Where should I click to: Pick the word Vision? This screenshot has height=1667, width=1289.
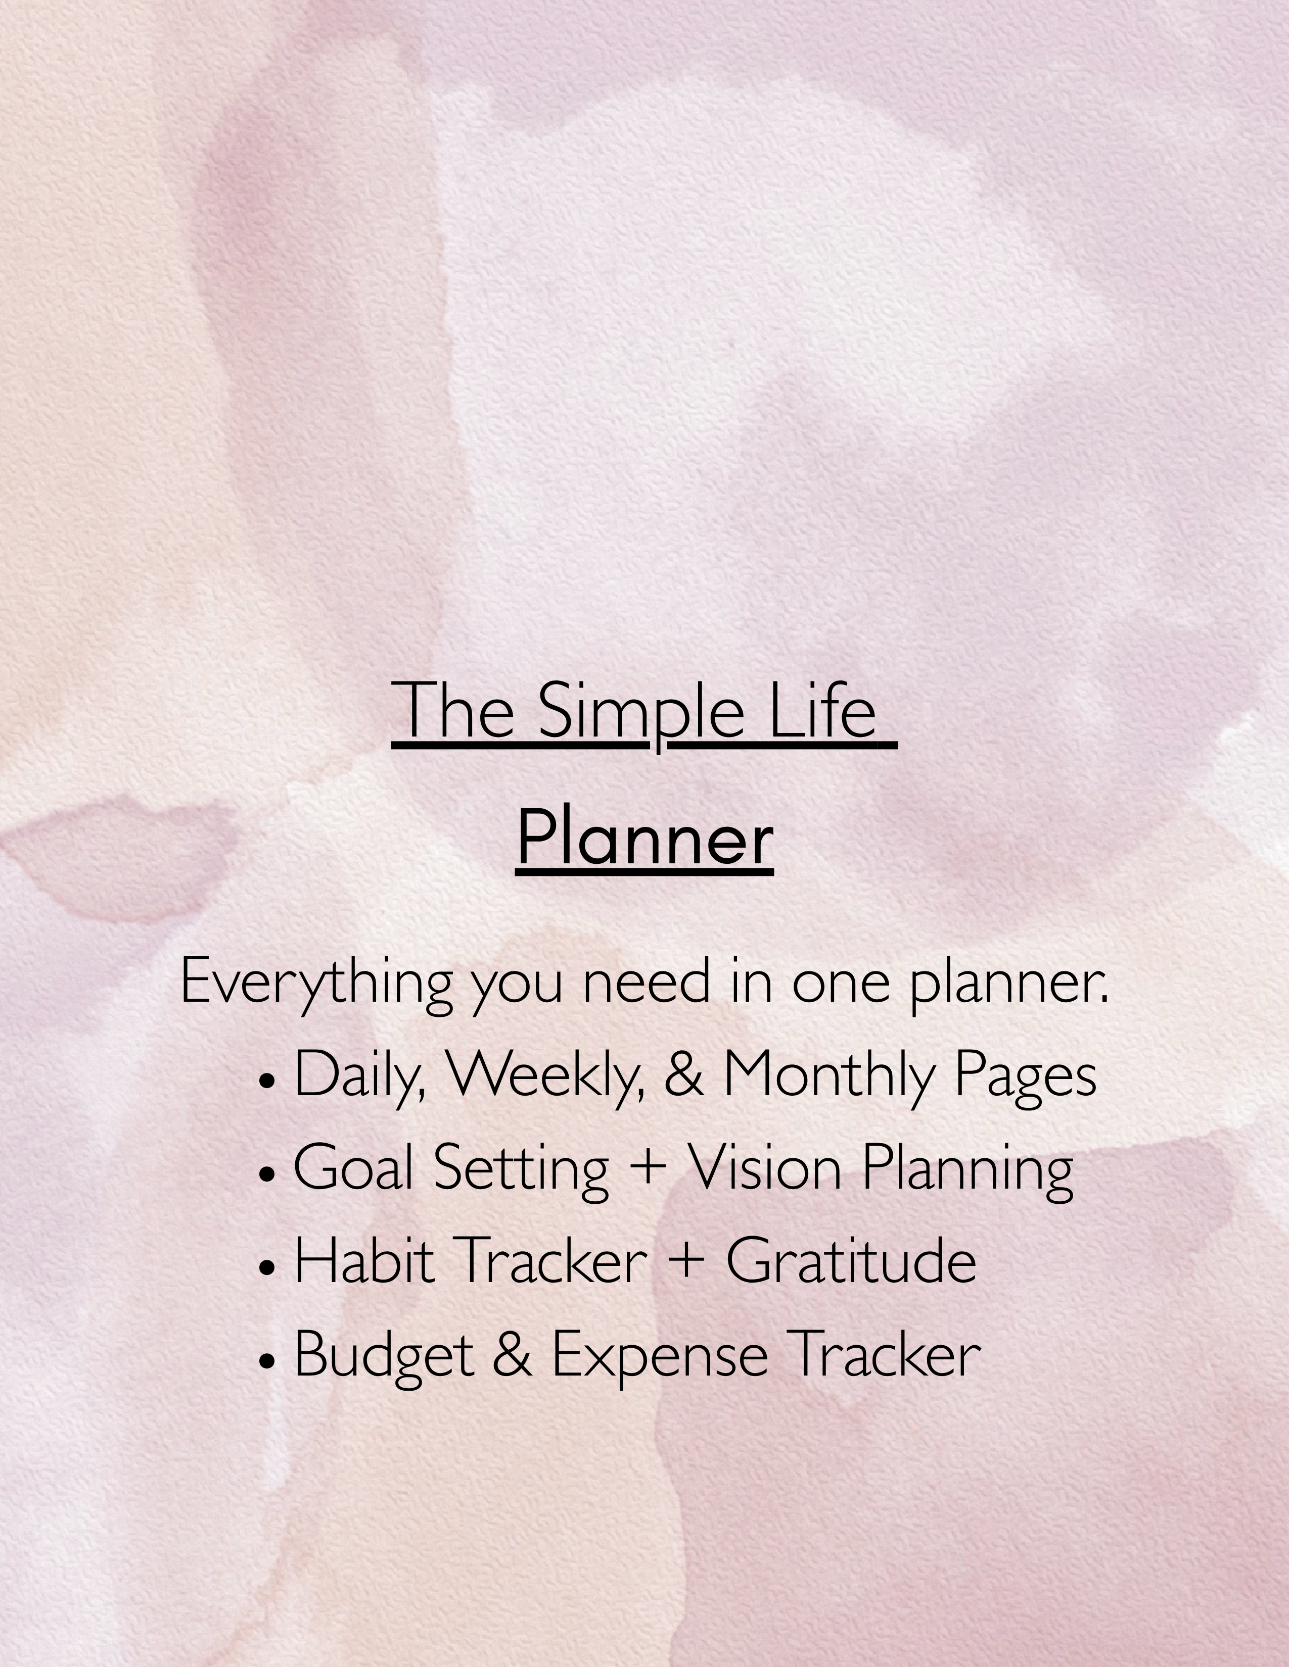pos(764,1168)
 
